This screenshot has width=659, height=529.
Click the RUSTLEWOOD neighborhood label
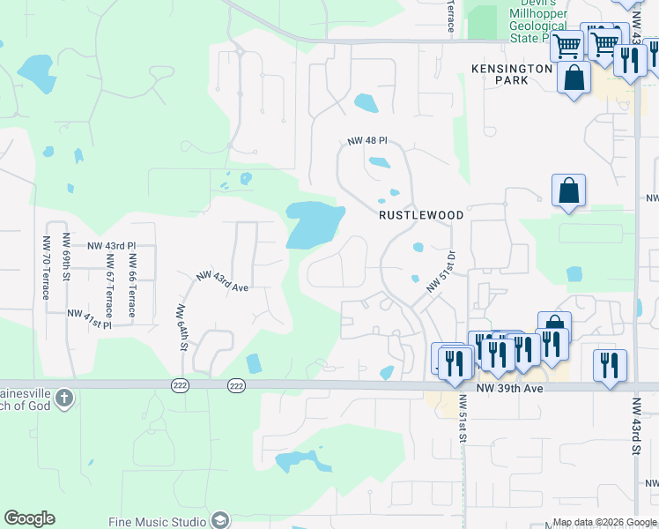pos(421,214)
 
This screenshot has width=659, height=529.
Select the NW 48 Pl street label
pos(367,141)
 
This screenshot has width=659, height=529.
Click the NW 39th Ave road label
pos(507,388)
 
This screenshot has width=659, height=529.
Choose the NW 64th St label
pos(182,327)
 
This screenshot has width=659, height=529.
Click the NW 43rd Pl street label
pos(111,245)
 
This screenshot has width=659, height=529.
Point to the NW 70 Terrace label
pos(47,267)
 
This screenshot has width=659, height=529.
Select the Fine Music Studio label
pos(158,521)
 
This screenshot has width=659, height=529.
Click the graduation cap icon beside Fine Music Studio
pos(219,520)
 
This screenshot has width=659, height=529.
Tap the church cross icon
pos(63,399)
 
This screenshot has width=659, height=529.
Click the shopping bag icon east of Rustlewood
pos(569,190)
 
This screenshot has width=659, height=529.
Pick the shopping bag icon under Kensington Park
pos(574,77)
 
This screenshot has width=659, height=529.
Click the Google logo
pos(29,518)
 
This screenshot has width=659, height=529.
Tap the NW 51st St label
pos(462,418)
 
